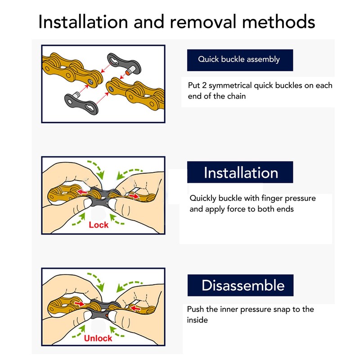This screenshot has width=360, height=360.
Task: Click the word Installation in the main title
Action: tap(83, 22)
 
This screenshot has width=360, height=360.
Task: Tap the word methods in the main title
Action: tap(279, 22)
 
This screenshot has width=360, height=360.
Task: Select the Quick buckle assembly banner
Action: tap(240, 60)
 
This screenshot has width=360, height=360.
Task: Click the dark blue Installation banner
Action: tap(240, 172)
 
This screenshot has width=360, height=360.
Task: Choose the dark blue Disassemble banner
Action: tap(240, 285)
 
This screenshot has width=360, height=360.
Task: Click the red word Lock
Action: tap(99, 225)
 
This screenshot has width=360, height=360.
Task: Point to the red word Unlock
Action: tap(98, 338)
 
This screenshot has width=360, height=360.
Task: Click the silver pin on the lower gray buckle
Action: tap(76, 94)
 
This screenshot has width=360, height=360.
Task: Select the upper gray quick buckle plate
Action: tap(124, 63)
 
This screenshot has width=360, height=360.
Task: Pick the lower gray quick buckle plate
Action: tap(81, 104)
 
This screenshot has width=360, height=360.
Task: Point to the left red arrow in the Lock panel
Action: tap(82, 192)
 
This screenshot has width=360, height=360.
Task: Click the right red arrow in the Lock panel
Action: tap(134, 196)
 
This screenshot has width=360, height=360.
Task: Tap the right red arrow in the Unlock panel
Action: tap(135, 308)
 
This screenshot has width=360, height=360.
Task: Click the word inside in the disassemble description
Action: tap(197, 320)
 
